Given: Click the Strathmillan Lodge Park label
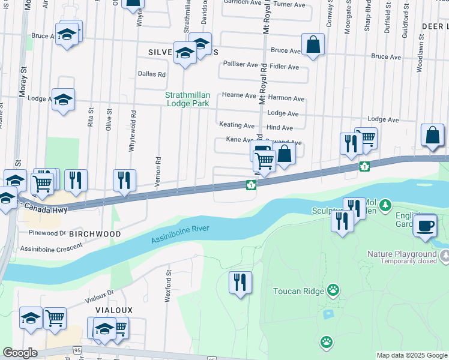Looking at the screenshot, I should pyautogui.click(x=187, y=99).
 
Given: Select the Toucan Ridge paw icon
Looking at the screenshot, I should pyautogui.click(x=333, y=291).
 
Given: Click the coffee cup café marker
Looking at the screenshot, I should pyautogui.click(x=426, y=226).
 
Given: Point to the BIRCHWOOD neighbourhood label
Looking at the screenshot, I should pyautogui.click(x=95, y=234).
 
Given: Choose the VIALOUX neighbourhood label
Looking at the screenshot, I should pyautogui.click(x=113, y=310).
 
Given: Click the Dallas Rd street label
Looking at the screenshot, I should pyautogui.click(x=151, y=74).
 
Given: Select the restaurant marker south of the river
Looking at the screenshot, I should pyautogui.click(x=240, y=282).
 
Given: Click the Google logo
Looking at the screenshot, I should pyautogui.click(x=20, y=353).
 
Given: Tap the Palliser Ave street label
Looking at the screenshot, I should pyautogui.click(x=240, y=64).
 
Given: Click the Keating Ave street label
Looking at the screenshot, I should pyautogui.click(x=237, y=125).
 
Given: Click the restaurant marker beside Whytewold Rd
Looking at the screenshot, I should pyautogui.click(x=124, y=180).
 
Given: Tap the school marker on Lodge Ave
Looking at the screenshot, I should pyautogui.click(x=63, y=100).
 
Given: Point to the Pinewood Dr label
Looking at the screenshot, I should pyautogui.click(x=46, y=232).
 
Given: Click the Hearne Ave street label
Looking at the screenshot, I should pyautogui.click(x=239, y=95).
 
